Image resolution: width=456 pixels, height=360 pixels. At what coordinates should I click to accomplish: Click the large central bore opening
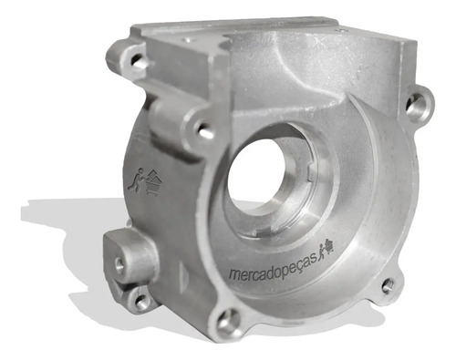(258, 176)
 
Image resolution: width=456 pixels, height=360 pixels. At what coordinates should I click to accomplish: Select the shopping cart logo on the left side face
(145, 182)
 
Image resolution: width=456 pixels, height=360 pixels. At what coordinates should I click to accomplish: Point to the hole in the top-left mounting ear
(138, 60)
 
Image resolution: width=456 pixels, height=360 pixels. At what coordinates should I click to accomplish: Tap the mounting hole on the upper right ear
(416, 104)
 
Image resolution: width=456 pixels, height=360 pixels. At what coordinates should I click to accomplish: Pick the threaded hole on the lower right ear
(389, 286)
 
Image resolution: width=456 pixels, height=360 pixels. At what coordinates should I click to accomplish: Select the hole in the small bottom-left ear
(141, 302)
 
